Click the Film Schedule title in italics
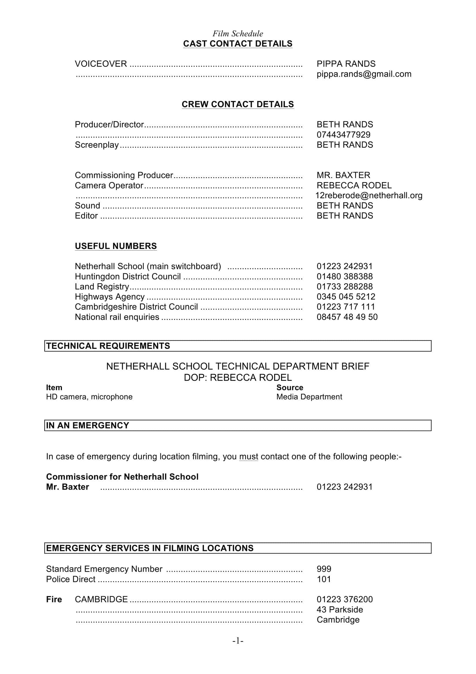tap(238, 33)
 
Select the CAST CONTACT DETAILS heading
tap(238, 44)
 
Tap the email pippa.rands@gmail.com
tap(364, 74)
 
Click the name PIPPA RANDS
tap(346, 64)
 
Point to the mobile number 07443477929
tap(343, 135)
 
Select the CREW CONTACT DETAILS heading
tap(238, 104)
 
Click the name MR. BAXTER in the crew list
tap(343, 175)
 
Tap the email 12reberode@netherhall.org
tap(369, 195)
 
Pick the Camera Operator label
tap(109, 185)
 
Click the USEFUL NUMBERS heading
tap(116, 246)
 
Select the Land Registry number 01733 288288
tap(344, 286)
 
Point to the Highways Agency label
tap(110, 297)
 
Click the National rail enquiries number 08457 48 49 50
tap(347, 317)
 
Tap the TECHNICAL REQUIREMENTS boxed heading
tap(108, 346)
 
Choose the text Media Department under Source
tap(309, 397)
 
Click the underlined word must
tap(249, 456)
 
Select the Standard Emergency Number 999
tap(324, 569)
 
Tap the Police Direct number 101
tap(324, 579)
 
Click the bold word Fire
tap(54, 599)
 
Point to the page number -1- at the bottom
tap(238, 641)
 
